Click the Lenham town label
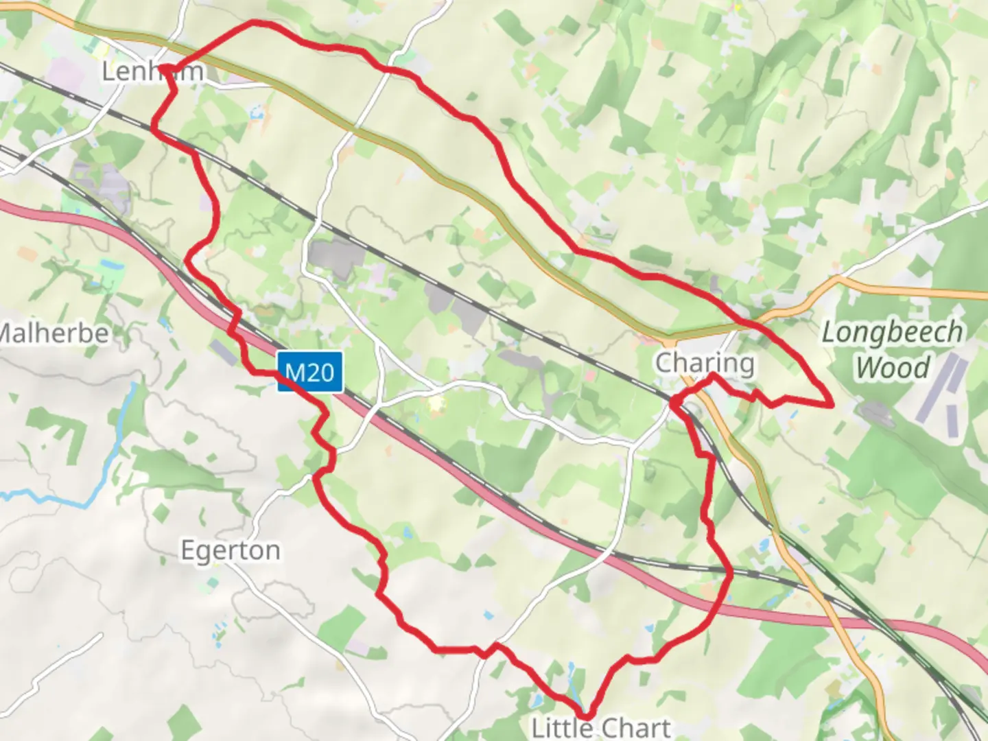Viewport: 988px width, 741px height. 152,71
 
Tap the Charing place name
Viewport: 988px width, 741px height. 705,362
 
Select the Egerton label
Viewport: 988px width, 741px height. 230,550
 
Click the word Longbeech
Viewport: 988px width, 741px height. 892,333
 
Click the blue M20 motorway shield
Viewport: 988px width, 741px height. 309,373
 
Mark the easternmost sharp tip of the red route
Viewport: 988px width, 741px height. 832,405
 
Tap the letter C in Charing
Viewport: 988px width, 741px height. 663,362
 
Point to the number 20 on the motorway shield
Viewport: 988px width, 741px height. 322,373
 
